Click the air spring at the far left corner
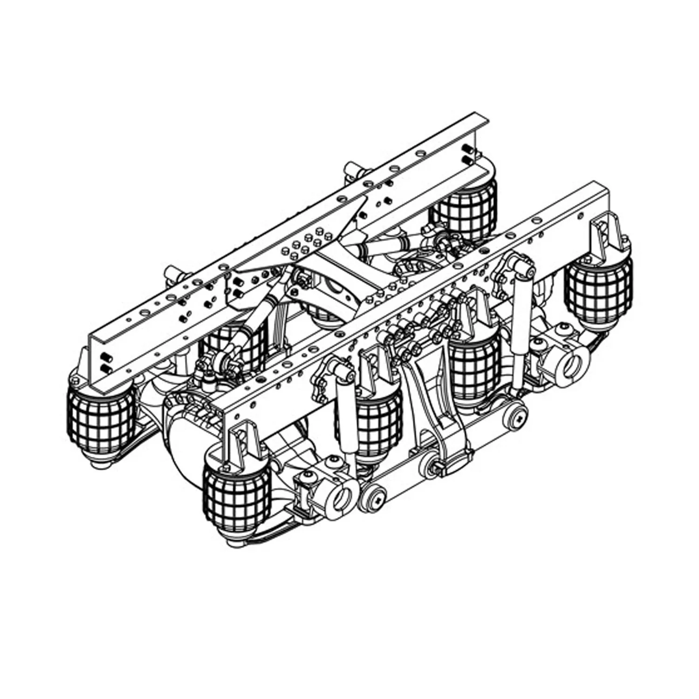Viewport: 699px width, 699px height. tap(100, 422)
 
